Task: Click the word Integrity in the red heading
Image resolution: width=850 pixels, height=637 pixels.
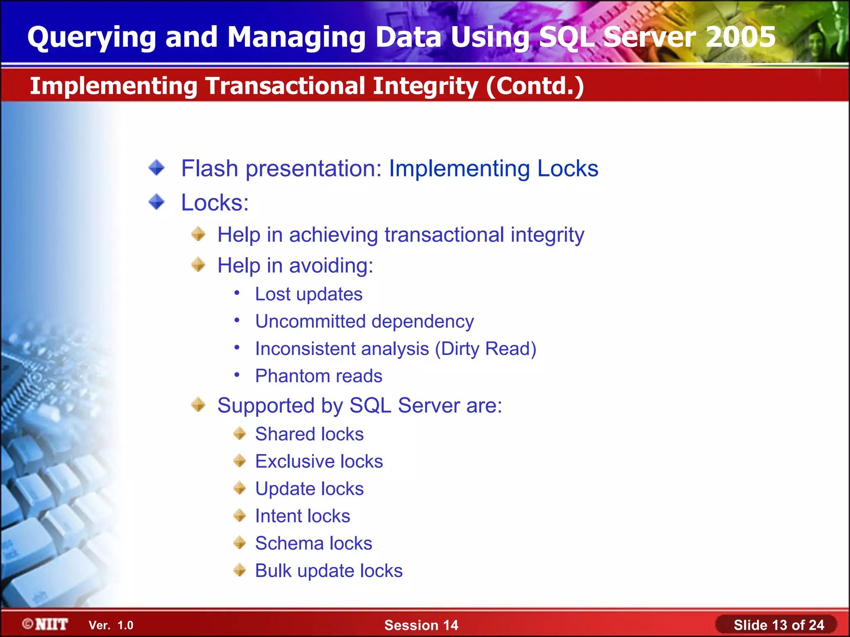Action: click(425, 86)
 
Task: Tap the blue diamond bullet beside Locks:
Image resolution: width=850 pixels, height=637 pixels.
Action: click(157, 202)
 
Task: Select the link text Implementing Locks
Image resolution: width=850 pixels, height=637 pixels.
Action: click(493, 169)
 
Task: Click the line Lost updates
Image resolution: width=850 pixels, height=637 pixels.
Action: click(309, 294)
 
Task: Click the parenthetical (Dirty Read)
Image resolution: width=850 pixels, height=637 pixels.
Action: click(486, 349)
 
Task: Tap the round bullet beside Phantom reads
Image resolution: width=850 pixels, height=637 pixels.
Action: click(237, 375)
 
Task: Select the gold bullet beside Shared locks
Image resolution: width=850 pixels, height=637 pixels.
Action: click(240, 434)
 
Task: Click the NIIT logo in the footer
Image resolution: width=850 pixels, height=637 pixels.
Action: click(46, 625)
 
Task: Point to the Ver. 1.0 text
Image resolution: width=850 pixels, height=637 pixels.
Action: click(111, 625)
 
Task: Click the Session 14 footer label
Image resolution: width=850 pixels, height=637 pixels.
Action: click(421, 625)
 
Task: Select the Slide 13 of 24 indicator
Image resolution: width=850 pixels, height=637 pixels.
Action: click(779, 625)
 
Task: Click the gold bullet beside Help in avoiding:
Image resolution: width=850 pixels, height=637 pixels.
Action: click(198, 265)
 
